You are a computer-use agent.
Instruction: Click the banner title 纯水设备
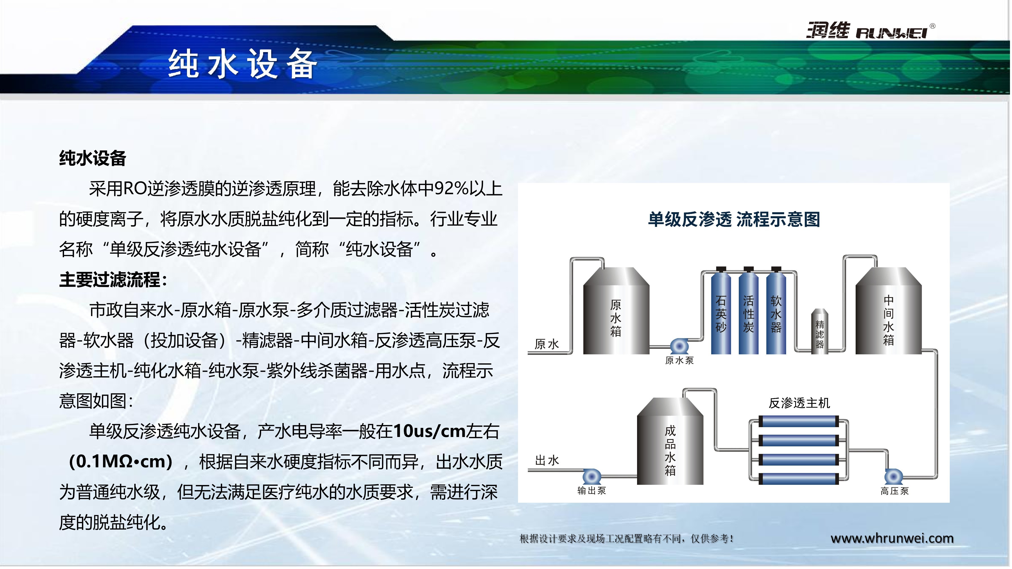242,64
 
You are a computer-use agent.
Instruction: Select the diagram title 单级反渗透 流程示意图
734,219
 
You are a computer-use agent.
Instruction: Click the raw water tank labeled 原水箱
616,311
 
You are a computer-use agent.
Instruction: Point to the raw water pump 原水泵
679,346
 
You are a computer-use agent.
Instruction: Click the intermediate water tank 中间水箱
888,311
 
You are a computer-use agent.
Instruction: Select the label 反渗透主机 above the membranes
799,403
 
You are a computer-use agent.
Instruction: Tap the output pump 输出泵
591,476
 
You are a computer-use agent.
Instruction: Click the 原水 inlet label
546,344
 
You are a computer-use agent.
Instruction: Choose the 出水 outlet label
547,460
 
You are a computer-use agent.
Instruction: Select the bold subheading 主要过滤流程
113,280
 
